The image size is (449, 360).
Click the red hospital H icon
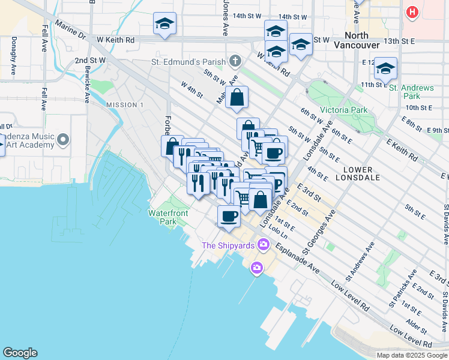pos(412,11)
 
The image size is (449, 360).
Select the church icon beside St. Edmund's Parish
pos(235,61)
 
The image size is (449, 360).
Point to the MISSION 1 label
pos(125,105)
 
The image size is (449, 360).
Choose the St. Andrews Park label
pos(411,92)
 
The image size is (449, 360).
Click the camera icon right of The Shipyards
pos(257,267)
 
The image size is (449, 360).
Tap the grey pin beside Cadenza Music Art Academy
pos(64,140)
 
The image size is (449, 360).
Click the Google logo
pos(19,353)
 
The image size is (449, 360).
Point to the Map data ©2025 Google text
pos(412,355)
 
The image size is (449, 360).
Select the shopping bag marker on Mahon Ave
pos(237,98)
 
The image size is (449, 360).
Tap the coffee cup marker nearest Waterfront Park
pos(228,217)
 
